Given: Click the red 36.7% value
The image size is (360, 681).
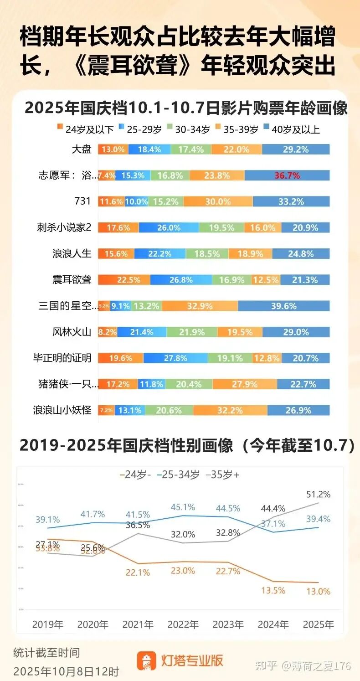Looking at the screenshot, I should [x=287, y=175].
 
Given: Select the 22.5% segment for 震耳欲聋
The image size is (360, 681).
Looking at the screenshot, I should [x=124, y=280].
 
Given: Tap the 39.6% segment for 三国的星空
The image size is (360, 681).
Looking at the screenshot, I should [x=283, y=306].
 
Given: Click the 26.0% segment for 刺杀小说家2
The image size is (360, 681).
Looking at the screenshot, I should [x=169, y=228].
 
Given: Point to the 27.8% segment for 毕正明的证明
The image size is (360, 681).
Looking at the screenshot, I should [x=175, y=358].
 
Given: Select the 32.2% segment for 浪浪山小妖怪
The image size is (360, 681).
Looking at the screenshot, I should [x=230, y=411].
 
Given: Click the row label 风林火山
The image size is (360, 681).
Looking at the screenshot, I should [x=72, y=332].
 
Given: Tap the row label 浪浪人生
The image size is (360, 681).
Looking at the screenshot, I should [x=72, y=254].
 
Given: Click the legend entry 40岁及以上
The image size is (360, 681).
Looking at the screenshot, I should [x=291, y=129].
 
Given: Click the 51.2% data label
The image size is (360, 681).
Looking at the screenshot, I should [x=319, y=495].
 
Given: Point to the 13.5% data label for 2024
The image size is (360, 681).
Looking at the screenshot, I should [x=273, y=591].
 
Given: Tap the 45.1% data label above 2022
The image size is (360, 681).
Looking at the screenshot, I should [x=183, y=507].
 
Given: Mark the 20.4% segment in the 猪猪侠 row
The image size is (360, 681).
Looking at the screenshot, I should [x=189, y=385].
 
